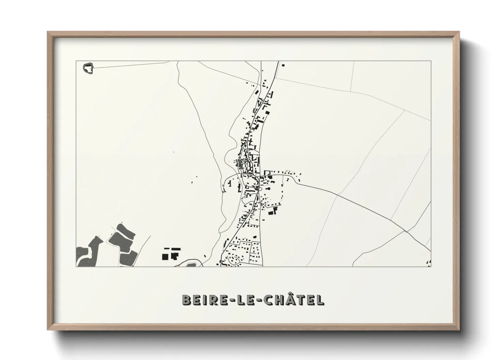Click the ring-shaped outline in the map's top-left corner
pos(89,68)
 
